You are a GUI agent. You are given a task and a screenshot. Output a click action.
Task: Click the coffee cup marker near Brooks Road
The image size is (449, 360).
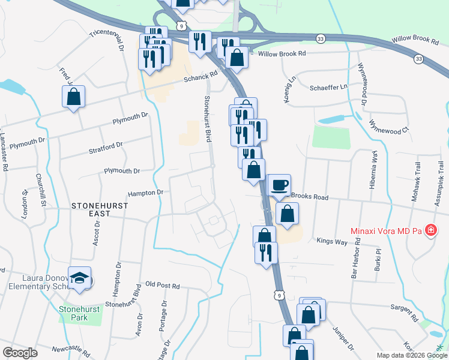pos(279,185)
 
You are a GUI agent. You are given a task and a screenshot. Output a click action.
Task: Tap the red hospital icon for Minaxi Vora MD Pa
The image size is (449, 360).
pos(430,230)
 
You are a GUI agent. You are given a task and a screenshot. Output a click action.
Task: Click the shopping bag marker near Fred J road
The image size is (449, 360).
pos(73,96)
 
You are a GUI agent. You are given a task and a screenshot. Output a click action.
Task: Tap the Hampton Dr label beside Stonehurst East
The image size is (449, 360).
pos(145,193)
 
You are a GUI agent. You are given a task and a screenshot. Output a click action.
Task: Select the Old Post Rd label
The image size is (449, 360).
pos(163,286)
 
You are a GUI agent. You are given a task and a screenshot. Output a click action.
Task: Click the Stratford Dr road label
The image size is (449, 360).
pos(106,146)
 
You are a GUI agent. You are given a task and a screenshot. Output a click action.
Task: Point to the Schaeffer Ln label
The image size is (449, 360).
pos(328,87)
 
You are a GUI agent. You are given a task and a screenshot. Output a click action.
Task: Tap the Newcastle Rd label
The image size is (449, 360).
pos(70,350)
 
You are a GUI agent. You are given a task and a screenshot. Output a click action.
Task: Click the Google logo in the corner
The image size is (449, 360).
pos(20,353)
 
